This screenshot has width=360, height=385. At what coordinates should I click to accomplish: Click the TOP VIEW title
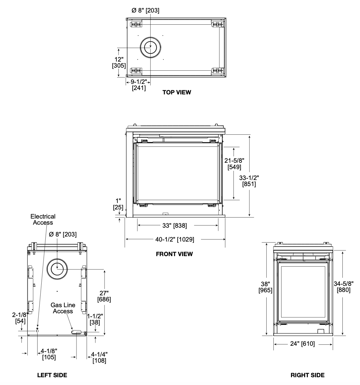pos(177,92)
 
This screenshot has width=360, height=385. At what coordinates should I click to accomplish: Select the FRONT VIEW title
pos(174,254)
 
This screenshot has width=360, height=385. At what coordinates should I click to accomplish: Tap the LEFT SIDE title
pos(52,375)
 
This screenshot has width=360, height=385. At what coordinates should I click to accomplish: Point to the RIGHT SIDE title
pos(308,375)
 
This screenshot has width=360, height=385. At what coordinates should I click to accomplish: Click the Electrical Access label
pos(43,220)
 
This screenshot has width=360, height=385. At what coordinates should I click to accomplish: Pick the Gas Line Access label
pos(63,308)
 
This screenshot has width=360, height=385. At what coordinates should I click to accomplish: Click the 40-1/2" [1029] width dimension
pos(175,239)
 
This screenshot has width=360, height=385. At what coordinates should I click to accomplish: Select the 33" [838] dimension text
pos(175,225)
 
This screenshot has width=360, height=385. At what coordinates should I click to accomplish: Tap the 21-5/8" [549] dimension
pos(234,164)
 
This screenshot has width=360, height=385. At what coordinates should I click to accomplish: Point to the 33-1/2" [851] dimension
pos(249,181)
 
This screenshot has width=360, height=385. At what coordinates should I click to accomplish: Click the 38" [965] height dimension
pos(265,287)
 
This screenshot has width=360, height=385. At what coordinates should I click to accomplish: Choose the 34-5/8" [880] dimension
pos(343,287)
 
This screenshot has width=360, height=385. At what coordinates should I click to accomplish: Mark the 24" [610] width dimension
pos(302,343)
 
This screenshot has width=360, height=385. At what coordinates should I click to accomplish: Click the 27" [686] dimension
pos(104,296)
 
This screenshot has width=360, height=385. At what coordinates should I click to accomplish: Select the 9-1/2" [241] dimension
pos(139,85)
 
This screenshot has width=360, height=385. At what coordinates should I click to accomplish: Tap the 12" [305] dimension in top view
pos(119,62)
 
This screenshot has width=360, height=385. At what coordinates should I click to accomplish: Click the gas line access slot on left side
pos(76,332)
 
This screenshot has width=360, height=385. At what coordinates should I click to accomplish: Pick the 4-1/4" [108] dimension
pos(99,358)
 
